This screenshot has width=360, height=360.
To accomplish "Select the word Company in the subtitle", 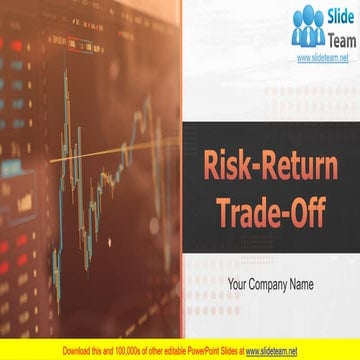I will [270, 285].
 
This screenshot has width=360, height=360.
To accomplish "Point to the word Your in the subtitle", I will [238, 285].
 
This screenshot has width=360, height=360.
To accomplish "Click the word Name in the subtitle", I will [300, 285].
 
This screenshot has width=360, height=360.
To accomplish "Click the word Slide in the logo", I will [337, 17].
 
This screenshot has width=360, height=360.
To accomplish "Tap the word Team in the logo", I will [337, 38].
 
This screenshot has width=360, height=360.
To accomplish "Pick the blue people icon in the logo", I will [308, 27].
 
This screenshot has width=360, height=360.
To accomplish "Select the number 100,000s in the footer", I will [131, 351].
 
